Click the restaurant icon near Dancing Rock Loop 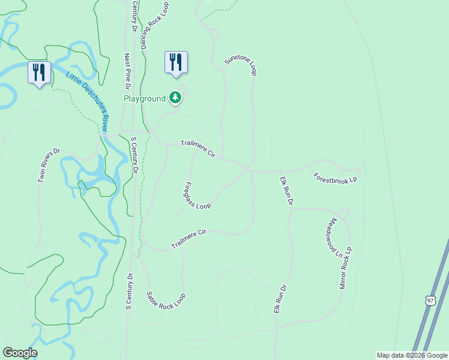tap(176, 62)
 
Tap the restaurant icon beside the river tap(39, 73)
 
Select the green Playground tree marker tap(175, 98)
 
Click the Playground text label tap(145, 98)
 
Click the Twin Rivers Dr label tap(49, 166)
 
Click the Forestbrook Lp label tap(336, 178)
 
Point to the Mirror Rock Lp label tap(346, 268)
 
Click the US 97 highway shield tap(429, 300)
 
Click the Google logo tap(20, 353)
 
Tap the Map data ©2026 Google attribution tap(412, 355)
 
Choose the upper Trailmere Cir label tap(198, 149)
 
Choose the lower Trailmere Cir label tap(188, 239)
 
